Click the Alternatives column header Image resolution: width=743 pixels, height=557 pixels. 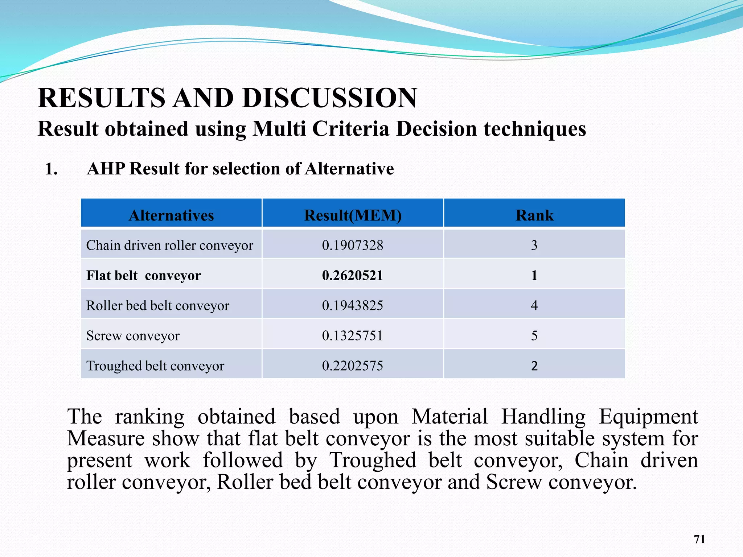[x=171, y=215]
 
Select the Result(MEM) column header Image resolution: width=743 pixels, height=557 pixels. [x=353, y=215]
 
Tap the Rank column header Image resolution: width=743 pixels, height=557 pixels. [x=534, y=215]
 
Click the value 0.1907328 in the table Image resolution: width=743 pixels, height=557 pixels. [x=352, y=246]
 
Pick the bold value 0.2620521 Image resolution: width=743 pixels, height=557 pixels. [x=352, y=276]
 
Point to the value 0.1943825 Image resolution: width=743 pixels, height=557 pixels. [x=352, y=306]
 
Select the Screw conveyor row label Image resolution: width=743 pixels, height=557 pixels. [x=133, y=336]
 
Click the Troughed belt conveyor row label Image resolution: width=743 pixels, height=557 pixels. [x=155, y=366]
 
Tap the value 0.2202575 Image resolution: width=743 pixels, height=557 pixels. [x=352, y=366]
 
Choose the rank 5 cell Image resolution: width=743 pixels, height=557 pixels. [x=534, y=336]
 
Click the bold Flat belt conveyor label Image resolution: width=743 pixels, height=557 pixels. [x=143, y=276]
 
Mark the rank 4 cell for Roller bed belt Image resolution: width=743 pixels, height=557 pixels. [x=534, y=306]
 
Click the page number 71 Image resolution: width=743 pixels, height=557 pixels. [x=699, y=539]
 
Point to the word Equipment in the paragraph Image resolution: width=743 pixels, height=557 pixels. [x=648, y=417]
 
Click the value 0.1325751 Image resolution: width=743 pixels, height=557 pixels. [x=352, y=336]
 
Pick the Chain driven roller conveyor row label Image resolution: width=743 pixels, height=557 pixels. [x=169, y=246]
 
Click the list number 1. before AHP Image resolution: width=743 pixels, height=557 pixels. [x=51, y=169]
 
